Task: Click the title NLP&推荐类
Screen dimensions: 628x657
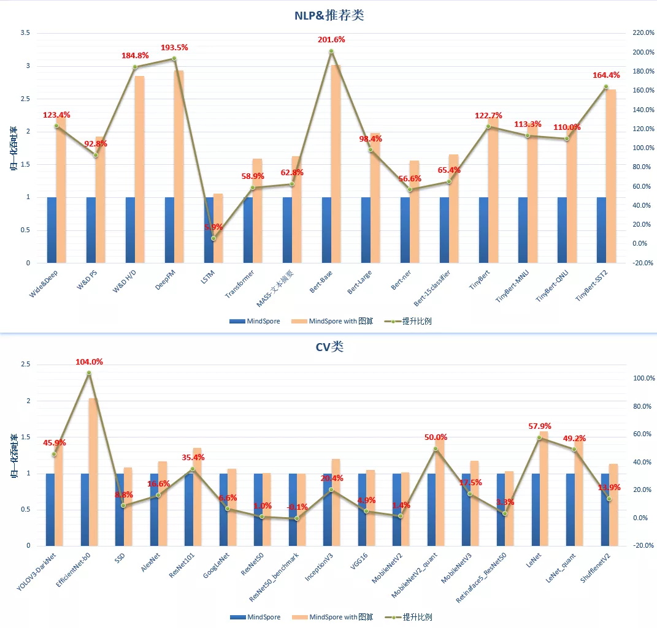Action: [328, 15]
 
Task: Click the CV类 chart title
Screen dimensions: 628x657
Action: [329, 347]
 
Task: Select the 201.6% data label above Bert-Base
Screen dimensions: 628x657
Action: [331, 40]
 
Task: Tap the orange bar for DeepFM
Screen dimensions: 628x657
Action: [179, 165]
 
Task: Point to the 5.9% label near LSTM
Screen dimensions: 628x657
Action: [214, 227]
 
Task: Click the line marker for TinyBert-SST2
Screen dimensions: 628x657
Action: [606, 86]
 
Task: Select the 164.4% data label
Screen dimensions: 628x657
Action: [605, 75]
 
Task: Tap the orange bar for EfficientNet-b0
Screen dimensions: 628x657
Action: [93, 472]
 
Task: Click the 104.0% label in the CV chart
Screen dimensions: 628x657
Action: [89, 362]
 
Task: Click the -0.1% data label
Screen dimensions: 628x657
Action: [297, 507]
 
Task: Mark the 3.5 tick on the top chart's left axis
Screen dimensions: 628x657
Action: [25, 33]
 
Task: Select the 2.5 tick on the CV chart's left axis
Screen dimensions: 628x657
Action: [25, 365]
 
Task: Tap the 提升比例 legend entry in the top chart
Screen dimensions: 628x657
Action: [412, 321]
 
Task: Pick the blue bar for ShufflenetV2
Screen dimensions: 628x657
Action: [605, 509]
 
